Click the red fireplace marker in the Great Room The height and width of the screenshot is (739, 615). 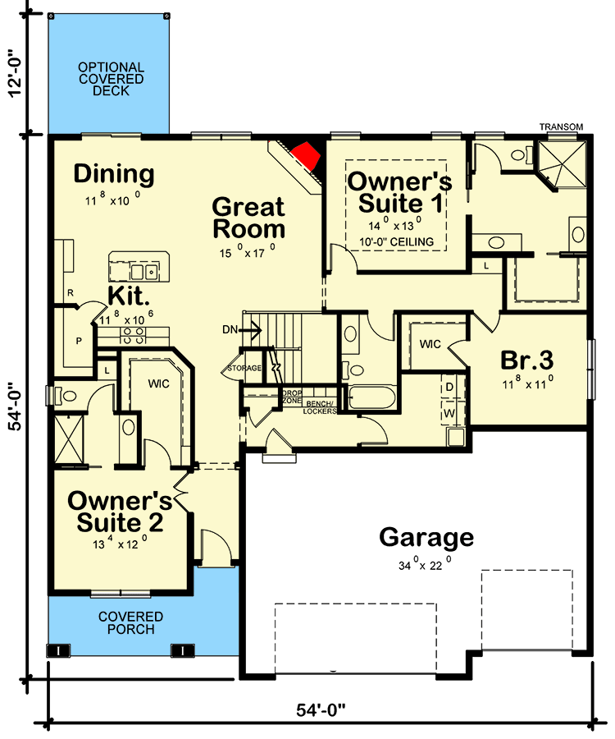tap(307, 155)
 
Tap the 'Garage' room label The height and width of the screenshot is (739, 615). tap(426, 538)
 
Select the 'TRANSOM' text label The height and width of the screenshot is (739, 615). tap(561, 126)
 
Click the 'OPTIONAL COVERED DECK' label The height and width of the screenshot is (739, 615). tap(111, 79)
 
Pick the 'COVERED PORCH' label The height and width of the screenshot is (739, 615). tap(130, 622)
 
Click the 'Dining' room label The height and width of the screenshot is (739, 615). tap(114, 174)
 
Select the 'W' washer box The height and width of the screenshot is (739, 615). tap(450, 412)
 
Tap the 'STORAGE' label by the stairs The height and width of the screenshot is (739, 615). tap(245, 368)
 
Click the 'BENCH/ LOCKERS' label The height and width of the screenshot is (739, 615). tap(319, 408)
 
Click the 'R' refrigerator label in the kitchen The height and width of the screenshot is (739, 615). tap(71, 292)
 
